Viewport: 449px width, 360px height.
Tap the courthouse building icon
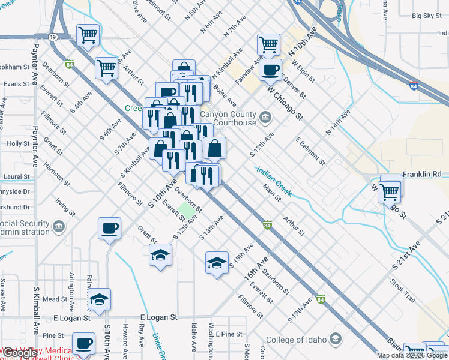(x=265, y=116)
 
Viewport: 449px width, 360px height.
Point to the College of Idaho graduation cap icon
(x=336, y=340)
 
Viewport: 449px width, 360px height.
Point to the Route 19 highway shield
(x=53, y=37)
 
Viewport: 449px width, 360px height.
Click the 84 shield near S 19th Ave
(x=321, y=299)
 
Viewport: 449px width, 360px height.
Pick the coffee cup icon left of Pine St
(x=85, y=343)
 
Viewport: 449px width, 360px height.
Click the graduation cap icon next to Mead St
(x=100, y=299)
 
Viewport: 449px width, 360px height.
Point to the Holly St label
(x=18, y=144)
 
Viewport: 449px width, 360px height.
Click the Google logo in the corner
(x=19, y=353)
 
